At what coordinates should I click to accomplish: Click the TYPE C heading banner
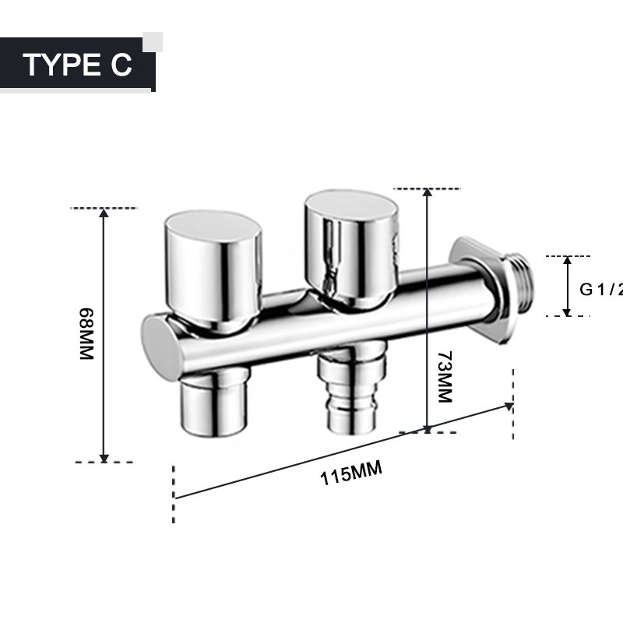click(x=78, y=65)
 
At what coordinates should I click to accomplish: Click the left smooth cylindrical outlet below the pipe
click(x=214, y=405)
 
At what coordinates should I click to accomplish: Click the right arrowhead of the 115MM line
click(x=509, y=405)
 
